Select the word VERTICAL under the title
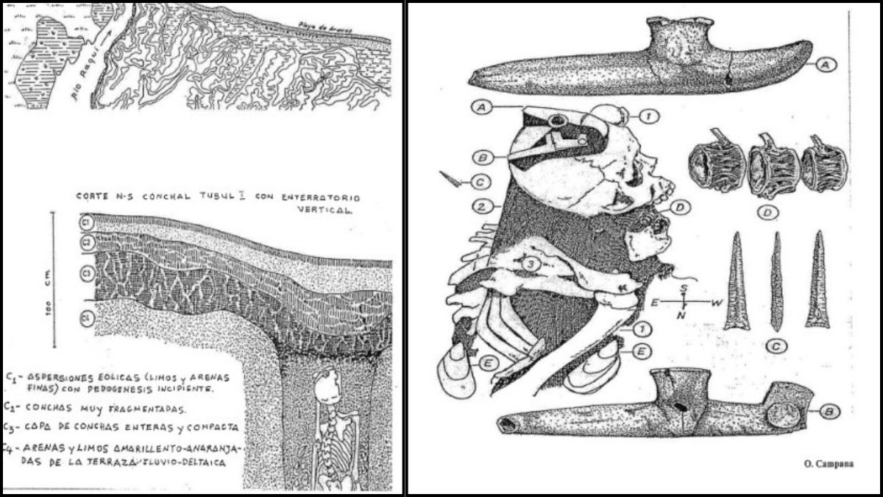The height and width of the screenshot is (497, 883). point(331,209)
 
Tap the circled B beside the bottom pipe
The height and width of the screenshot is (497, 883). point(829,412)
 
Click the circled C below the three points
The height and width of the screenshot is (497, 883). point(773,345)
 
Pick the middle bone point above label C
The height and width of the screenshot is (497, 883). point(775,280)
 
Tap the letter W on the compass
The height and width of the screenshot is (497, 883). point(714,303)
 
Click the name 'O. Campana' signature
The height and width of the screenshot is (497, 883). point(823,465)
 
